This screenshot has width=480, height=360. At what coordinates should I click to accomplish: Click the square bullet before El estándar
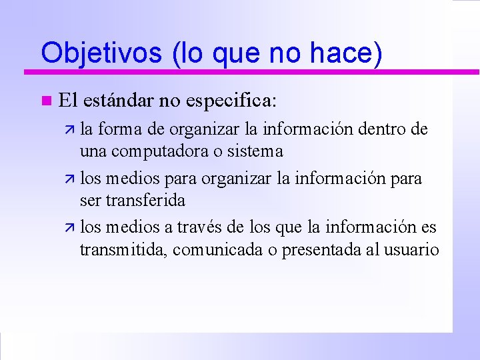coord(45,101)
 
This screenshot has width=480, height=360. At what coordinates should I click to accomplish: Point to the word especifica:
coord(231,101)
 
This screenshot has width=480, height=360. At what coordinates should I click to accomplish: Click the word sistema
coord(259,151)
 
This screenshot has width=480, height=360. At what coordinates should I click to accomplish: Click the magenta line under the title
coord(253,69)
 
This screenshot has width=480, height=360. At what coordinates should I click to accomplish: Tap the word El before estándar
coord(68,101)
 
